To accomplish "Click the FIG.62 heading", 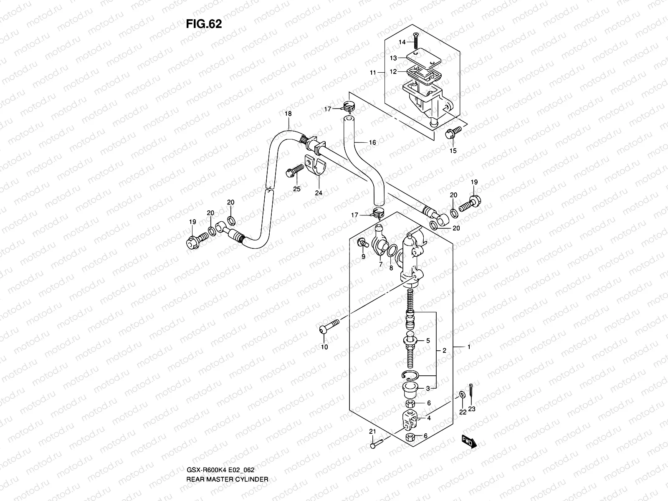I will coord(204,24).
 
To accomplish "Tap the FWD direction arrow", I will coord(469,441).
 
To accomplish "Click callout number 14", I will coord(402,42).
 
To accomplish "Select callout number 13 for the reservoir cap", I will coord(393,58).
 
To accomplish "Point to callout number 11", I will coord(373,73).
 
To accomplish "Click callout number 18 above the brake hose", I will coord(288,114).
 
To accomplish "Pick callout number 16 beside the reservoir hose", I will coord(372,142).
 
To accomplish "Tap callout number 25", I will coord(297,189).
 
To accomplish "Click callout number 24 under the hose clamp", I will coord(319,193).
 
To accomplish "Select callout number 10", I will coord(324,347).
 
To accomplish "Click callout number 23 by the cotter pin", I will coord(471,409).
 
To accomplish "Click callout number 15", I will coord(453,151).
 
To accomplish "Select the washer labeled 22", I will coord(461,394).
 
